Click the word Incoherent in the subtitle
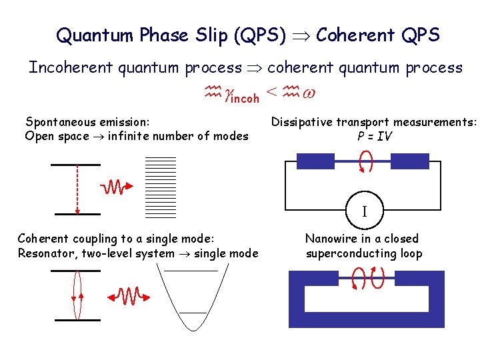(67, 67)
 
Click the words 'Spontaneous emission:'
(87, 121)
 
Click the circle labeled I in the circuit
(364, 211)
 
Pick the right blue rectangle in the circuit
(409, 161)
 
